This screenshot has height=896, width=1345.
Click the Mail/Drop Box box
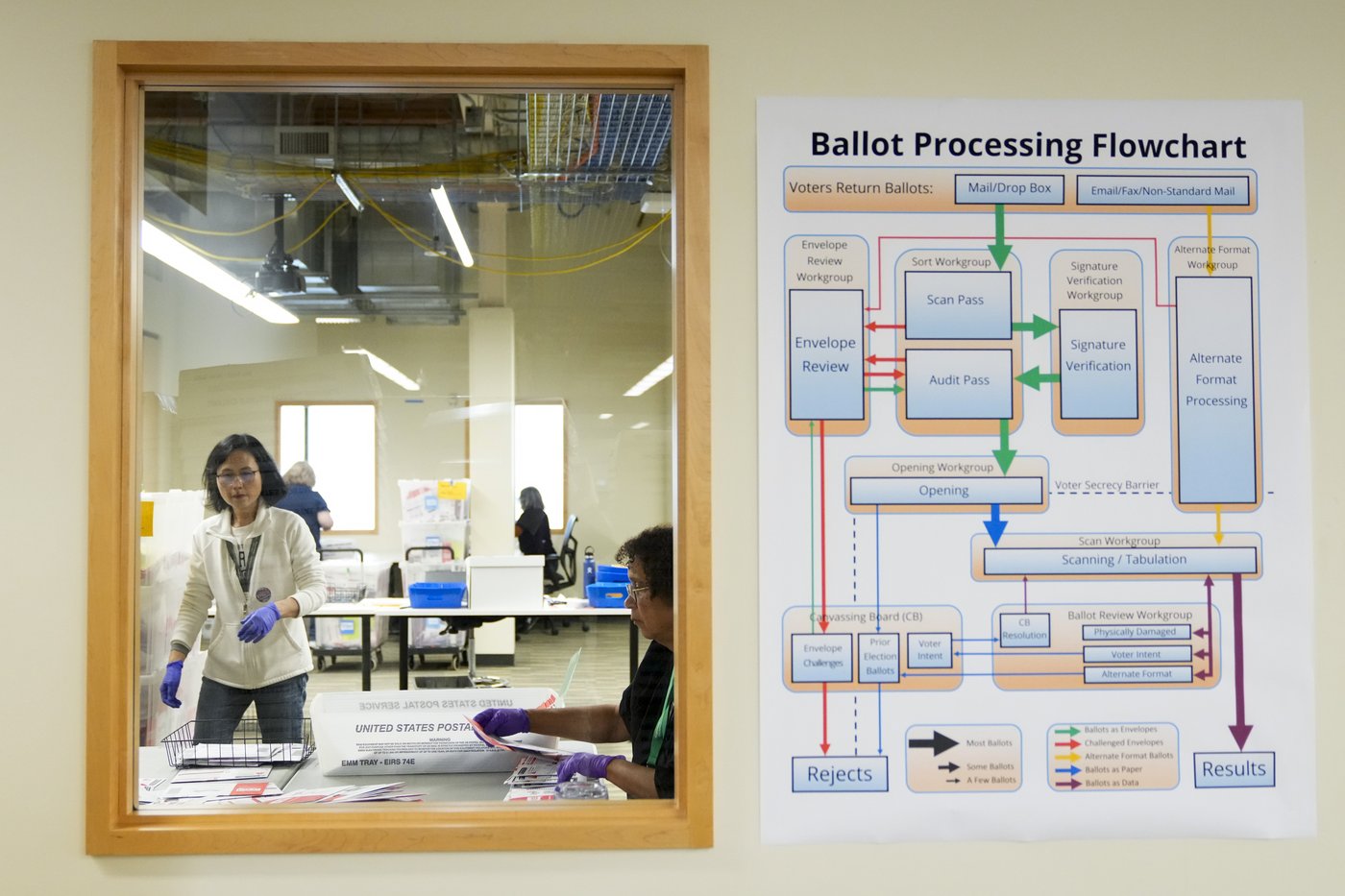click(x=1009, y=188)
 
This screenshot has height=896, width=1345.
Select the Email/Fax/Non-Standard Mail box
click(x=1162, y=190)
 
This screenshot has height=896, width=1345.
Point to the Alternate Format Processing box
click(x=1215, y=389)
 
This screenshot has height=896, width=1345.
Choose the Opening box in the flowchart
click(x=945, y=491)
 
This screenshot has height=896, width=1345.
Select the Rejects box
click(x=839, y=773)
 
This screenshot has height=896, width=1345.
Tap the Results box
click(x=1234, y=768)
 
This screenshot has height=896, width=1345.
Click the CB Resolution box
click(x=1024, y=629)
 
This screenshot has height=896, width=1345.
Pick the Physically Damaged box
click(x=1136, y=632)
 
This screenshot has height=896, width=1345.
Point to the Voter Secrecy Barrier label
click(x=1107, y=485)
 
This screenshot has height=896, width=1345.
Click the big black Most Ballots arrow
click(x=933, y=741)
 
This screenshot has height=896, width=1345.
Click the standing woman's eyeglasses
click(x=236, y=475)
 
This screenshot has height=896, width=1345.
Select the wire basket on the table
click(x=237, y=743)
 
